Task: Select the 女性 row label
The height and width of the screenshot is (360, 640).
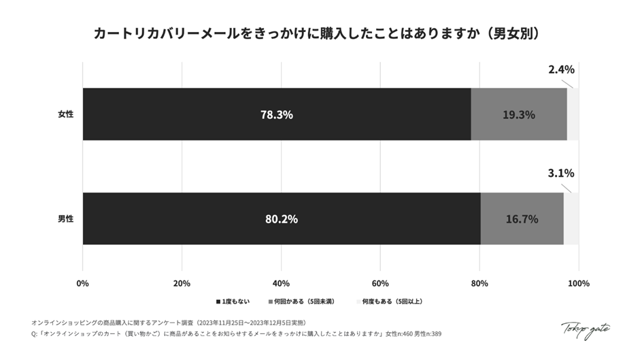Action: coord(65,114)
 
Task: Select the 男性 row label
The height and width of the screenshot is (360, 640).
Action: coord(65,219)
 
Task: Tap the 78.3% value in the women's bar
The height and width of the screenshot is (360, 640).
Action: coord(276,115)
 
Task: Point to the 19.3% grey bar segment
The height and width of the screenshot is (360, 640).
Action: coord(518,115)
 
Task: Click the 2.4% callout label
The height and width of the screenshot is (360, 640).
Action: coord(561,69)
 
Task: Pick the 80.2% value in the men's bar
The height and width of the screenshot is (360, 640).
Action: coord(281,219)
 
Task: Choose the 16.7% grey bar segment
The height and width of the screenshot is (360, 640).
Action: coord(522,219)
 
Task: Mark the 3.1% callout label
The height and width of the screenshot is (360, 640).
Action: coord(561,174)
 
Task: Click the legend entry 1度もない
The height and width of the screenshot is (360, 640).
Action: coord(234,301)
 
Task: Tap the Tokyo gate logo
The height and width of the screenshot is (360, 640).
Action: coord(585,329)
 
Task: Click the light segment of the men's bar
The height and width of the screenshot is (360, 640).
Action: coord(571,219)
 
